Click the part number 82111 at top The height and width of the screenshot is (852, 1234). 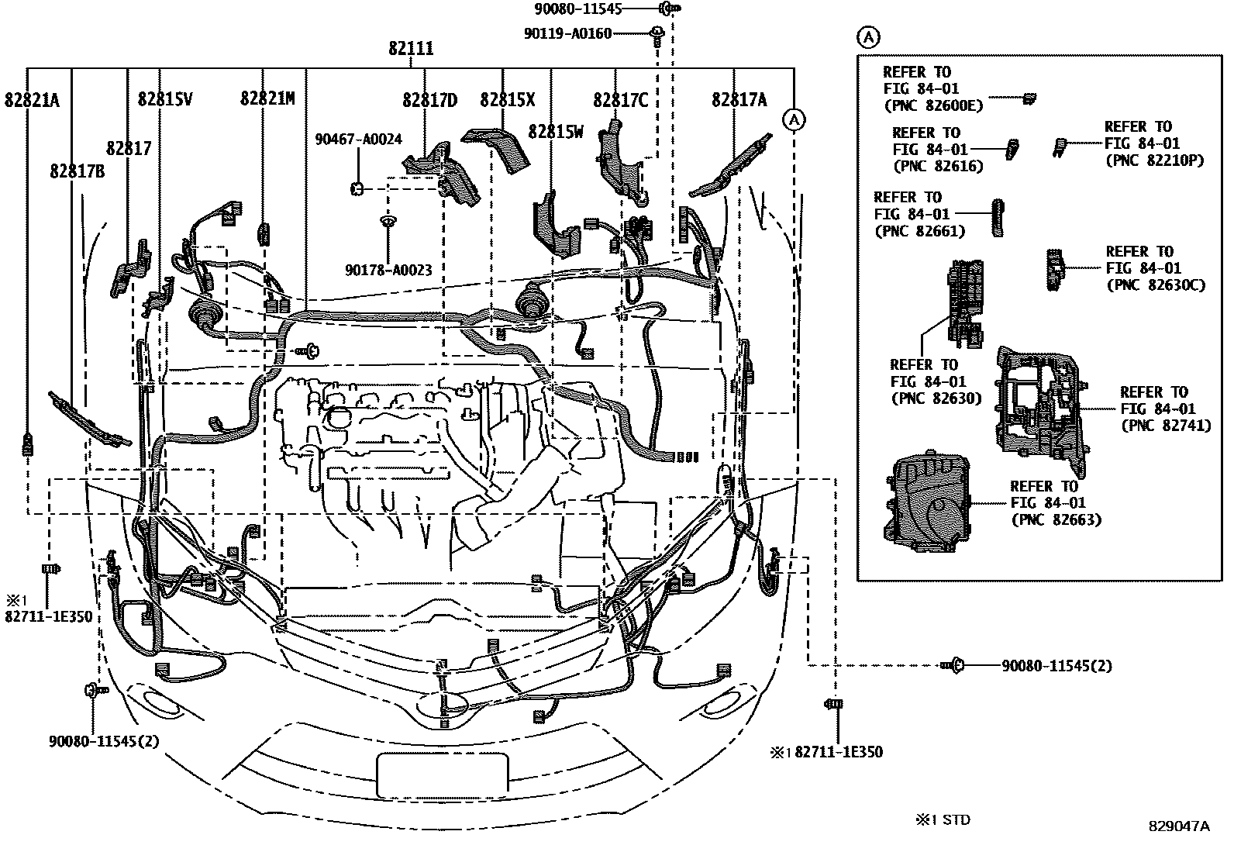[411, 49]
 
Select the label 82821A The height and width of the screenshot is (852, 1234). [32, 99]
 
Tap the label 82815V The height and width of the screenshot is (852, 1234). [165, 99]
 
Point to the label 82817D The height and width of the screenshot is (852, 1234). [429, 100]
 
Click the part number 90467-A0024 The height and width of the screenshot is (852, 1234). [358, 140]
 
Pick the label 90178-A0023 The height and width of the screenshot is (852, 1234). [388, 270]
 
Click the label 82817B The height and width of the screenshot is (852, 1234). [76, 171]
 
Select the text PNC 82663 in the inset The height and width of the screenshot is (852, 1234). [1056, 520]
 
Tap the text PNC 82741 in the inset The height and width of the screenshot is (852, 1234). [1165, 426]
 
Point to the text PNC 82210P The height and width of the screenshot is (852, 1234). [1154, 160]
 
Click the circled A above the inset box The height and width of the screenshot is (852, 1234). [868, 36]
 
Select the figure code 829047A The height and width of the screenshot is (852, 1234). [1178, 826]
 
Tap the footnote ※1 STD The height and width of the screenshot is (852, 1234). [943, 819]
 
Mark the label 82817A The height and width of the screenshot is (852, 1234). [739, 99]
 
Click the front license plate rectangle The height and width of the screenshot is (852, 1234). [443, 775]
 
